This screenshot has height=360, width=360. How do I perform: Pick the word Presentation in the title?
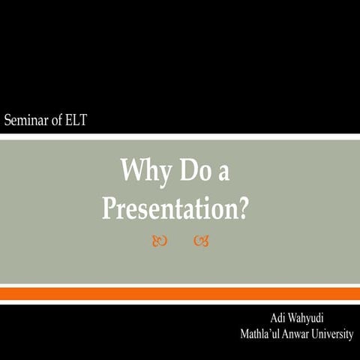pos(168,208)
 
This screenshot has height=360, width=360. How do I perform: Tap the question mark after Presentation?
pos(241,208)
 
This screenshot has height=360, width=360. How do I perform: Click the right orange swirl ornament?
pos(199,241)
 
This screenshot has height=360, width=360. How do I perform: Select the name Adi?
pos(278,319)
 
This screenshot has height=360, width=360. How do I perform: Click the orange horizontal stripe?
pos(180,293)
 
